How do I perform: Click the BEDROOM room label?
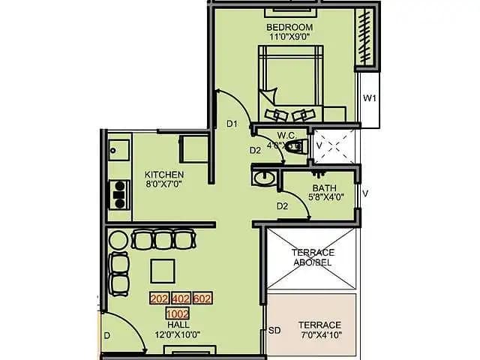(289, 28)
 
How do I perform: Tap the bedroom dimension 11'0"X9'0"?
(289, 38)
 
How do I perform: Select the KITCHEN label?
(164, 174)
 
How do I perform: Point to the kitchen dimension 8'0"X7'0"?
(164, 184)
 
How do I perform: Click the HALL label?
(178, 325)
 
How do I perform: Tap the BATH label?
(324, 188)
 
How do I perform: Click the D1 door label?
(232, 124)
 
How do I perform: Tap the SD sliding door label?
(274, 329)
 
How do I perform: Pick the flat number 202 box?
(159, 298)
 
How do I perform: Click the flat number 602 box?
(202, 298)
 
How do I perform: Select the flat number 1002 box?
(177, 313)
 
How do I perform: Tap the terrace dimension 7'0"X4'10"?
(319, 335)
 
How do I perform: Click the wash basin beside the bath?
(262, 178)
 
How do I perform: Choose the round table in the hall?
(118, 240)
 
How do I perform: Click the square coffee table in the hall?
(163, 269)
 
